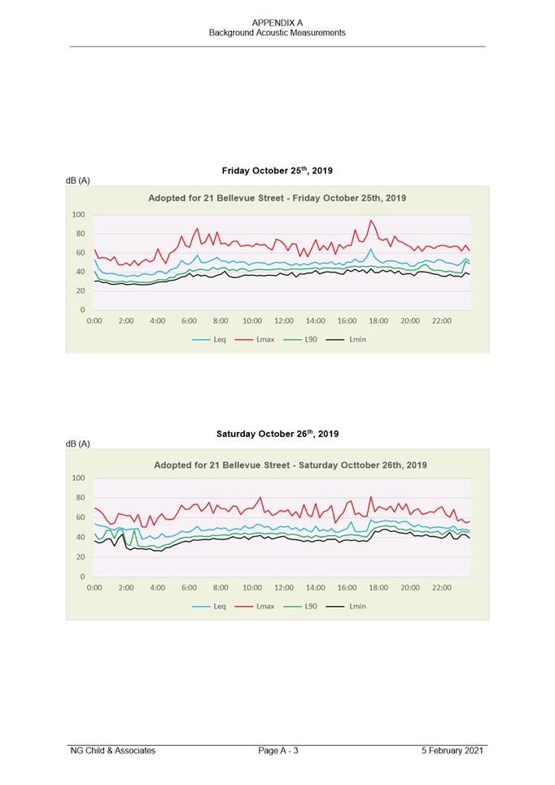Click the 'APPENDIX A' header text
point(277,23)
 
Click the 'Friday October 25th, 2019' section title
point(277,171)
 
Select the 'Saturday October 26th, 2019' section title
point(277,434)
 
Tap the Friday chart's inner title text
point(277,198)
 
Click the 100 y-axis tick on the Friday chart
point(78,215)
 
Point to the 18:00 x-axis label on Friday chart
point(378,321)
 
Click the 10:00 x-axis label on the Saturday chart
point(252,587)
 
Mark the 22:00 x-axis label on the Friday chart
point(441,321)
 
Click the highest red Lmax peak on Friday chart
point(371,220)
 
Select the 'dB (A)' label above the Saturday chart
point(78,443)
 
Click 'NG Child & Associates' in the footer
point(113,750)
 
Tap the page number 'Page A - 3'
point(278,750)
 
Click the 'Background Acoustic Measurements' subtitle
point(277,33)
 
